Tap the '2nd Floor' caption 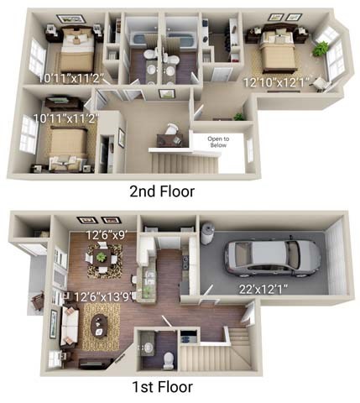point(162,191)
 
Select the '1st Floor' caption point(162,387)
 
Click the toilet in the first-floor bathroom point(167,358)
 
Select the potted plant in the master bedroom point(320,50)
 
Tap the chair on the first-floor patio point(36,298)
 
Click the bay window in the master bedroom point(336,57)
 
